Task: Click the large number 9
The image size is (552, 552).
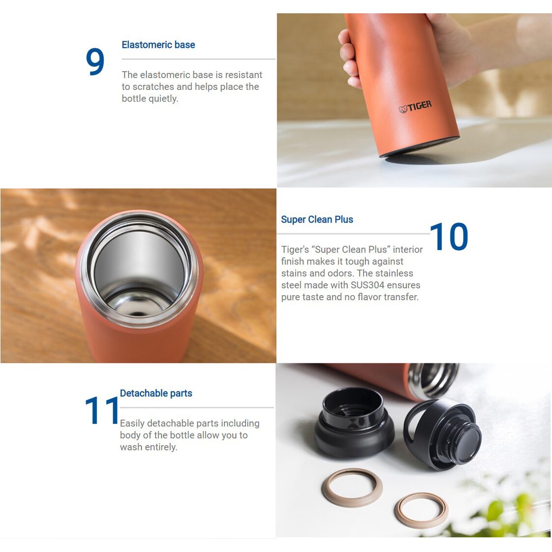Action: pos(95,62)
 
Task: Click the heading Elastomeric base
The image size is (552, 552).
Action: pos(158,45)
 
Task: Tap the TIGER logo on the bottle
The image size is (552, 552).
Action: pos(415,106)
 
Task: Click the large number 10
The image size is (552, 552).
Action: pos(449,237)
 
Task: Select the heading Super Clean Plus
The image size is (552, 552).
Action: pos(317,220)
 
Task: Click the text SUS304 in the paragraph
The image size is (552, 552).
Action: pos(367,285)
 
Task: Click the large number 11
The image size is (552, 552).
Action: pos(102,410)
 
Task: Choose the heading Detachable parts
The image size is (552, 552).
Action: pos(156,393)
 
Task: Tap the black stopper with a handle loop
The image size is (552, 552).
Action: pos(442,432)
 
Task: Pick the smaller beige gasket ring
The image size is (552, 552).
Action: pos(421,510)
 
